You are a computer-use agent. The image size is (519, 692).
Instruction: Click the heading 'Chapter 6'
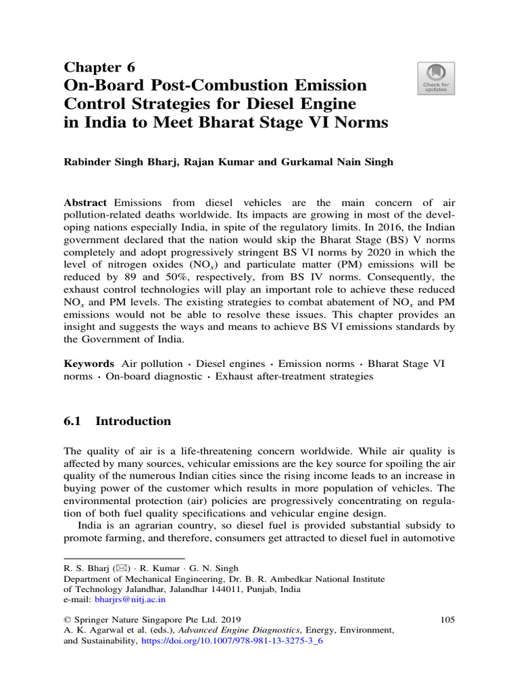[99, 67]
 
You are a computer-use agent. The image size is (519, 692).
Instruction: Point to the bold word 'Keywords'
[89, 364]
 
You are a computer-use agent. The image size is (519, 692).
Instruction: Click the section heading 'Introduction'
[133, 421]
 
